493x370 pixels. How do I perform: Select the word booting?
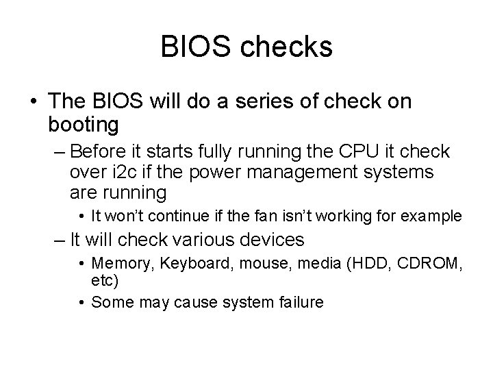(x=84, y=125)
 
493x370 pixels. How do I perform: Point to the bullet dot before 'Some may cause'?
(x=82, y=301)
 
